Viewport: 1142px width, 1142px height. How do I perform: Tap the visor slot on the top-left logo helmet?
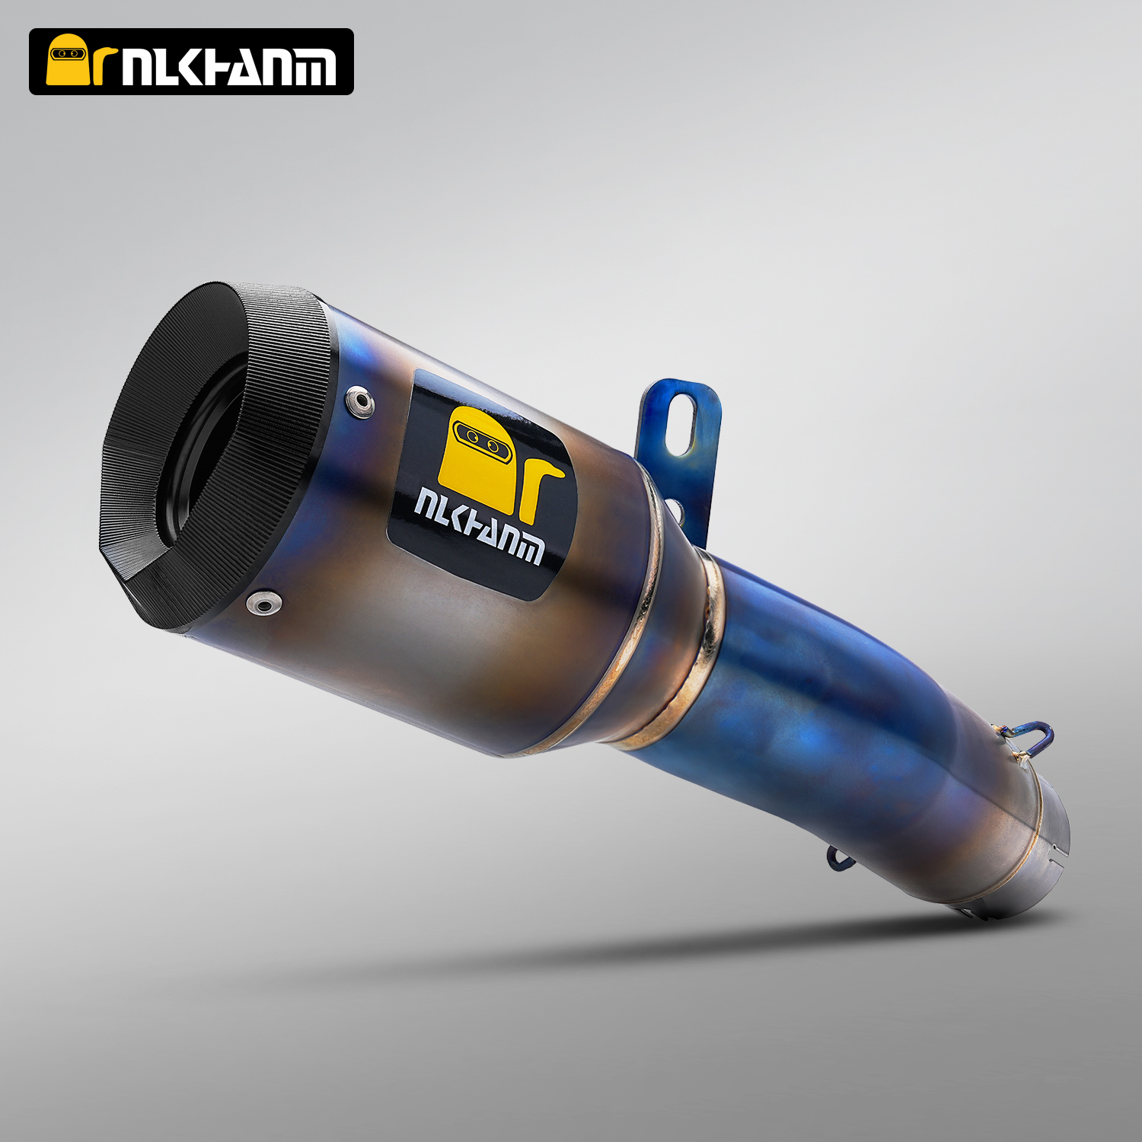click(65, 53)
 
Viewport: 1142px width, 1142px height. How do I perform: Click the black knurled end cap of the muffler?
click(217, 457)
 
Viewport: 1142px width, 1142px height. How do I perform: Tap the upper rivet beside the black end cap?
click(359, 400)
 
